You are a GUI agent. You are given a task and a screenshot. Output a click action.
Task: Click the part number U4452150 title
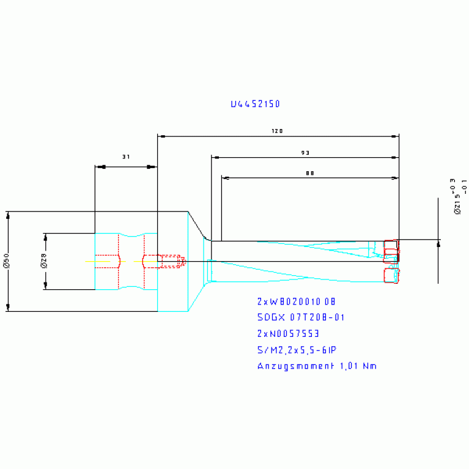click(256, 105)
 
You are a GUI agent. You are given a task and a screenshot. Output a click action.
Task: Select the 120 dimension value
click(278, 131)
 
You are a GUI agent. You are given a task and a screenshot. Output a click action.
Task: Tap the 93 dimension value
click(305, 152)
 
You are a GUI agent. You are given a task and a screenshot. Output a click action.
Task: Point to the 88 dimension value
click(309, 173)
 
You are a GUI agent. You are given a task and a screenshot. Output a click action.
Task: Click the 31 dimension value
click(126, 157)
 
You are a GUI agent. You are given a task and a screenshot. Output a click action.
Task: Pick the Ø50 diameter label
click(6, 262)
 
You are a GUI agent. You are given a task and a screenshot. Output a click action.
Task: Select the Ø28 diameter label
click(43, 262)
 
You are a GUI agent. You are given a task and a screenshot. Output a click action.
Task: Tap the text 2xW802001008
click(297, 301)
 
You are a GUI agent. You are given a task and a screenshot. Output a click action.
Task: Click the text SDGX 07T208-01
click(301, 317)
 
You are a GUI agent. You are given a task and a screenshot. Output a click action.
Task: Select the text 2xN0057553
click(289, 334)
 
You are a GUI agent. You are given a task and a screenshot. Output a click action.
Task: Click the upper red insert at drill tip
click(390, 248)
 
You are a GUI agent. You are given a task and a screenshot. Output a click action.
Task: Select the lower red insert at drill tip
click(390, 275)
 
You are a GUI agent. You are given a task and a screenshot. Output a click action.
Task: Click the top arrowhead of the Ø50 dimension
click(8, 215)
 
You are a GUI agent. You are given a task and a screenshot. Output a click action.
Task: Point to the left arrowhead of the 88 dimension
click(225, 178)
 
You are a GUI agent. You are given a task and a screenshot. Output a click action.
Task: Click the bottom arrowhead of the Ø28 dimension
click(45, 286)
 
